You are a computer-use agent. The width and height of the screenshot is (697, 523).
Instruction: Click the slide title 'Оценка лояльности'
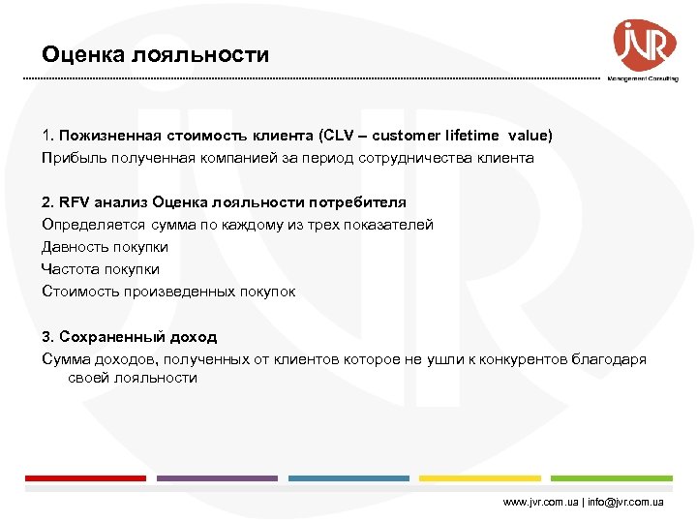156,55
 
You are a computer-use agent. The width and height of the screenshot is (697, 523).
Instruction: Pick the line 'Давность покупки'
105,247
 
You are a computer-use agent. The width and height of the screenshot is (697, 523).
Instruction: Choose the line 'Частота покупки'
101,269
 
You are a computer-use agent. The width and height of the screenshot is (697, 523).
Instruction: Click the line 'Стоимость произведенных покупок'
168,292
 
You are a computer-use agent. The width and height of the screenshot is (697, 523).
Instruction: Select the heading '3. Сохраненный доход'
130,337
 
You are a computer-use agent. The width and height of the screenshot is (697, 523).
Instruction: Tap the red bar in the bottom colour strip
85,477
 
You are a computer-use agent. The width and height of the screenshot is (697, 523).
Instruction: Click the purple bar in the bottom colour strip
217,477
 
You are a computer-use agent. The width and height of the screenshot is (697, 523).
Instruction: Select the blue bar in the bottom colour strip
348,477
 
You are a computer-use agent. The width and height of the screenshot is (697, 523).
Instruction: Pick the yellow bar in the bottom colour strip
480,477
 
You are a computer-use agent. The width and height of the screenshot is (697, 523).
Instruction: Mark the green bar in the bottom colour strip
612,477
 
